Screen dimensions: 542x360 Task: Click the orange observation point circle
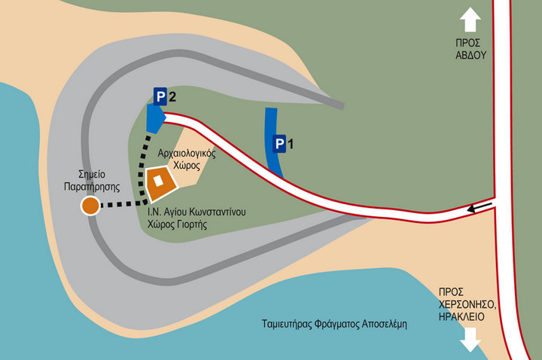coord(90,206)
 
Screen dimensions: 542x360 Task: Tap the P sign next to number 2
coord(160,96)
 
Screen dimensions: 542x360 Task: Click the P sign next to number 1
coord(279,144)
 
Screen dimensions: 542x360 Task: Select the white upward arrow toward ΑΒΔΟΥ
coord(470,20)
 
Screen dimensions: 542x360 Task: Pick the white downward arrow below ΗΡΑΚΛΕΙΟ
coord(470,340)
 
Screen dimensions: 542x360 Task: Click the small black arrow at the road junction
coord(480,207)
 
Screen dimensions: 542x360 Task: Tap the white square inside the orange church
coord(158,181)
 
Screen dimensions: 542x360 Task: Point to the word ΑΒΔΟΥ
coord(470,55)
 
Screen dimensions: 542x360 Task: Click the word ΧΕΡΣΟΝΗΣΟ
coord(467,304)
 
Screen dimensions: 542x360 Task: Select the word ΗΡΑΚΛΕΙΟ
coord(461,316)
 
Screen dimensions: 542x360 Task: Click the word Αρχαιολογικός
coord(187,153)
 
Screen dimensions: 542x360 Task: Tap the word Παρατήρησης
coord(92,187)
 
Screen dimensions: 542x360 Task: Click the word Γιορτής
coord(193,224)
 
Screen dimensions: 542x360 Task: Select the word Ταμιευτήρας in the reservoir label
coord(287,325)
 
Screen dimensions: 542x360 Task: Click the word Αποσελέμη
coord(385,325)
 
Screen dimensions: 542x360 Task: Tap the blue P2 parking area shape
coord(155,118)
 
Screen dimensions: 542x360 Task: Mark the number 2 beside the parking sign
coord(172,96)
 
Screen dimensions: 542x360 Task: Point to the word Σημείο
coord(92,174)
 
